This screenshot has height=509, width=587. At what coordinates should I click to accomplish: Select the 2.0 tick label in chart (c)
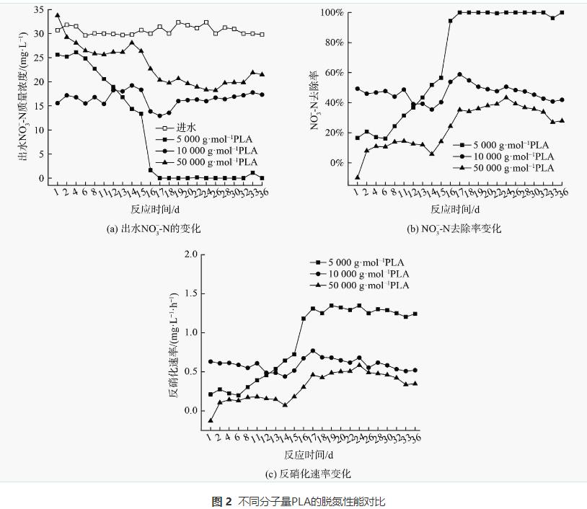pyautogui.click(x=190, y=254)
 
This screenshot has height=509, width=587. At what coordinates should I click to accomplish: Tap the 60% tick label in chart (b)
pyautogui.click(x=334, y=73)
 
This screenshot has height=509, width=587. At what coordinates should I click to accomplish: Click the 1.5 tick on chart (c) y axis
pyautogui.click(x=190, y=293)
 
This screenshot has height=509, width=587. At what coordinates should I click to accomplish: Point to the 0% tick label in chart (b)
pyautogui.click(x=336, y=163)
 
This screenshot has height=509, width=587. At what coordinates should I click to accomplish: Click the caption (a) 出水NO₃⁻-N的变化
pyautogui.click(x=153, y=229)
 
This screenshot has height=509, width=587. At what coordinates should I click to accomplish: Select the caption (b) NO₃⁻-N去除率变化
pyautogui.click(x=454, y=229)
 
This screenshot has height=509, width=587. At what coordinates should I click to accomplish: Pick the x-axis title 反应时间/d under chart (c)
pyautogui.click(x=308, y=455)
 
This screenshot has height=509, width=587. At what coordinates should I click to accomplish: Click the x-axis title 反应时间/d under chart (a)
pyautogui.click(x=154, y=209)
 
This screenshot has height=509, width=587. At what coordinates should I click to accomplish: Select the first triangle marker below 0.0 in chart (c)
pyautogui.click(x=211, y=420)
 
